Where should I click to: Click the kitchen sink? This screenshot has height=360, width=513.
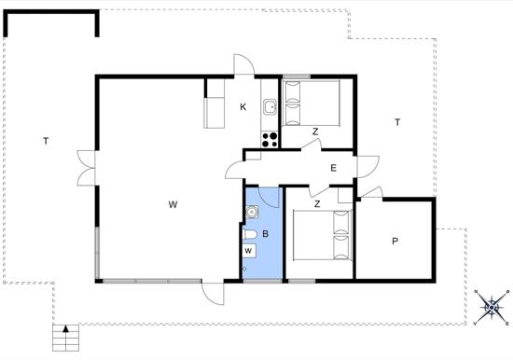(x=270, y=106)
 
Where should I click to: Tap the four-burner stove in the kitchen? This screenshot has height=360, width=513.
(x=270, y=139)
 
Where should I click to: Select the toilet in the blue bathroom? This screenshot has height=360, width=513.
(x=250, y=235)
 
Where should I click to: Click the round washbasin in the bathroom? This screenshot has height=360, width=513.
(x=252, y=212)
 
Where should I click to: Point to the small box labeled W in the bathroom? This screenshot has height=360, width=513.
(x=249, y=251)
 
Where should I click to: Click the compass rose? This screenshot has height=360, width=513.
(x=492, y=308)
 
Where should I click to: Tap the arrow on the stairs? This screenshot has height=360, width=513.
(x=66, y=328)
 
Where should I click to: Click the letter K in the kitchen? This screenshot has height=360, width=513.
(x=243, y=107)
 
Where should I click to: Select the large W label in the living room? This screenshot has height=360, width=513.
(x=173, y=205)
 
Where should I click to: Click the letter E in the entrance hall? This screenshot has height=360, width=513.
(x=333, y=168)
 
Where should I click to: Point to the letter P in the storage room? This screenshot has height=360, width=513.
(x=395, y=242)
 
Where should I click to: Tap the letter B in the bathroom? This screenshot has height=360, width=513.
(x=265, y=234)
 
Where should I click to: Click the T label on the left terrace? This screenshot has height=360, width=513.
(x=46, y=142)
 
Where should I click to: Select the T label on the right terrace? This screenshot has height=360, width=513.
(x=397, y=122)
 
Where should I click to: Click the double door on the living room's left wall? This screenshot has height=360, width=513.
(x=87, y=168)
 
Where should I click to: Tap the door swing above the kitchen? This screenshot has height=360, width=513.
(x=244, y=64)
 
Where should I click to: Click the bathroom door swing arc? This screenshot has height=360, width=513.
(x=270, y=197)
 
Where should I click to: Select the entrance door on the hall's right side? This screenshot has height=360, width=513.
(x=368, y=167)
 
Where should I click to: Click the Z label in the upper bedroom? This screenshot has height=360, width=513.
(x=315, y=132)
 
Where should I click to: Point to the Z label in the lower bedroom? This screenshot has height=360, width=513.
(x=317, y=204)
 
